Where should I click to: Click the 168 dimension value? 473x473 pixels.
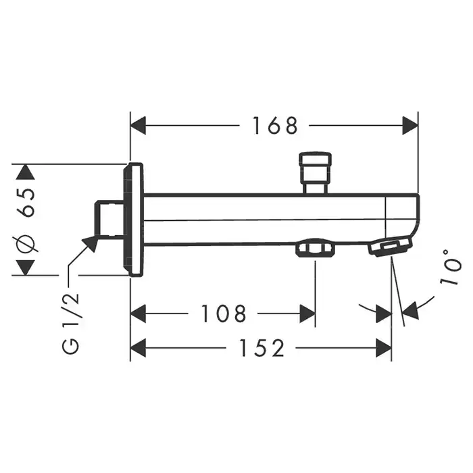pyautogui.click(x=275, y=126)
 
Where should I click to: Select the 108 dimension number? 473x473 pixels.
pyautogui.click(x=224, y=314)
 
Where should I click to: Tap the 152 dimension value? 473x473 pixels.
pyautogui.click(x=262, y=348)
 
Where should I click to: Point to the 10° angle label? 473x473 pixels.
pyautogui.click(x=451, y=267)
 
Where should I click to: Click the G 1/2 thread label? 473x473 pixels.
pyautogui.click(x=70, y=323)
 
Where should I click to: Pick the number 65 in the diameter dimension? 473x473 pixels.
pyautogui.click(x=26, y=202)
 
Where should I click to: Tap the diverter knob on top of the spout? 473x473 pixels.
pyautogui.click(x=316, y=172)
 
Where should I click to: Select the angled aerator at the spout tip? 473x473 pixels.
pyautogui.click(x=390, y=246)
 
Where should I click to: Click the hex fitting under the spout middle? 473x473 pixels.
pyautogui.click(x=316, y=247)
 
